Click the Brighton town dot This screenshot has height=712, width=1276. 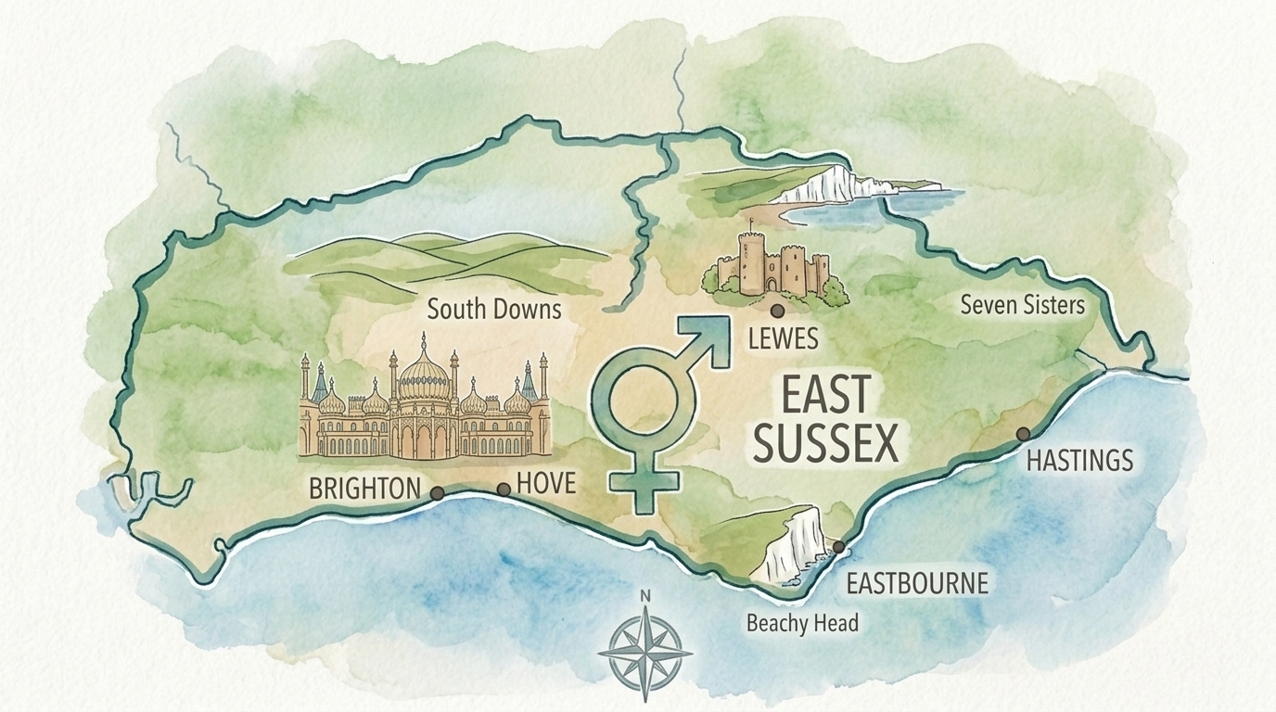point(436,494)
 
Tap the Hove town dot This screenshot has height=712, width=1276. point(504,489)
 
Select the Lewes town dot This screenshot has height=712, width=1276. point(777,311)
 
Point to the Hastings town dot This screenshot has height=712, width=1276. point(1023,434)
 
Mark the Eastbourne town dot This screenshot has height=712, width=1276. point(838,547)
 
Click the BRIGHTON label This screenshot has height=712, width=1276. point(364,489)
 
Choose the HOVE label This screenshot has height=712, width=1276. point(545,483)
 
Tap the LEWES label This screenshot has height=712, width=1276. point(783,339)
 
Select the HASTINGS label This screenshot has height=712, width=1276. point(1080,460)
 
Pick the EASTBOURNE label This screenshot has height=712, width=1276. point(918,584)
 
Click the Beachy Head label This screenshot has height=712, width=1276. point(802,623)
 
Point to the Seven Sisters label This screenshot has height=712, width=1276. point(1022,305)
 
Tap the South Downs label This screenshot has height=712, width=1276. point(494,309)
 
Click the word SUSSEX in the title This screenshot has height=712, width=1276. point(825,444)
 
